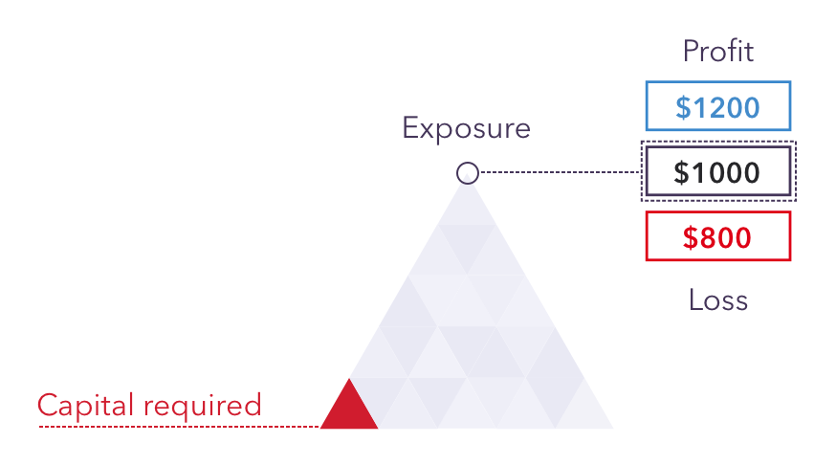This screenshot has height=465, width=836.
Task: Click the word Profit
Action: [717, 52]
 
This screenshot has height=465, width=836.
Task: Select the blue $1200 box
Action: [718, 105]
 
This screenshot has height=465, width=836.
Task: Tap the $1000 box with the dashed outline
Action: [718, 171]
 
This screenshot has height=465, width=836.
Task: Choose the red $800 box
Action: [718, 236]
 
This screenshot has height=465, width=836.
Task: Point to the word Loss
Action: [718, 299]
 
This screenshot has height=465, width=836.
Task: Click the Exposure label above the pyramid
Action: [467, 128]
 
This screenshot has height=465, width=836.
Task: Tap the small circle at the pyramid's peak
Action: [468, 173]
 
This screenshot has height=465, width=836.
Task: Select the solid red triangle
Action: [349, 404]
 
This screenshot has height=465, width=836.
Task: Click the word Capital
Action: [85, 406]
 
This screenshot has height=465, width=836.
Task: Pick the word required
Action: [203, 406]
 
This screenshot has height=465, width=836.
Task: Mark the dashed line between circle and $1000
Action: [560, 172]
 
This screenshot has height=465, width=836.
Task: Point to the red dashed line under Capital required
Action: [179, 427]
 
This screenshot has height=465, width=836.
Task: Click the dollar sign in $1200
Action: [683, 107]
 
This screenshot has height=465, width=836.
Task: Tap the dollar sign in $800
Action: [690, 237]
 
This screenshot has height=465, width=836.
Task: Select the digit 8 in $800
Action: [708, 237]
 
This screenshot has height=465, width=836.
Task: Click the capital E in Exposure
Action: [410, 127]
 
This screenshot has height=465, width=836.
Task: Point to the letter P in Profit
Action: [691, 52]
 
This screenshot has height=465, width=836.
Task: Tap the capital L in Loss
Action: [695, 299]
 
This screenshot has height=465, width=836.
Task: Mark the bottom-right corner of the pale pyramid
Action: [614, 429]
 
